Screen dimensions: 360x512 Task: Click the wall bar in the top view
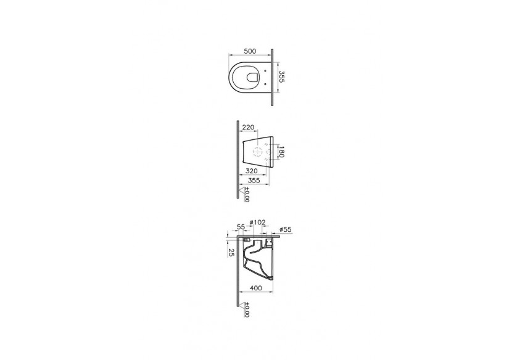click(x=271, y=76)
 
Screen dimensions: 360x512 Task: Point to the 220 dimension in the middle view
click(x=249, y=128)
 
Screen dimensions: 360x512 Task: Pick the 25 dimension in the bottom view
click(x=231, y=253)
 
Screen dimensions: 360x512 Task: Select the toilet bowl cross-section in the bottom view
click(x=258, y=259)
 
